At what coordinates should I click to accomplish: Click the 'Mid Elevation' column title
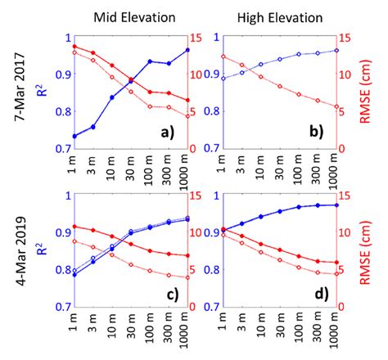coord(134,17)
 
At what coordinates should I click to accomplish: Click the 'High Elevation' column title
coord(280,18)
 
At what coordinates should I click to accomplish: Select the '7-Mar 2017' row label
coord(20,87)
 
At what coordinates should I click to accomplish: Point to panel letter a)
coord(168,133)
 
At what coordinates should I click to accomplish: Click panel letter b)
coord(317,132)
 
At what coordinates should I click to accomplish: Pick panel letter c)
coord(173,295)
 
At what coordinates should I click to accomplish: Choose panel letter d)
coord(322,294)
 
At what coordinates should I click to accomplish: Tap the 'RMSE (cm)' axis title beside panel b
coord(365,92)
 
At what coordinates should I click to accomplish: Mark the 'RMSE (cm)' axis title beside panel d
coord(365,253)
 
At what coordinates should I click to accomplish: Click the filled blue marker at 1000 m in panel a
coord(187,50)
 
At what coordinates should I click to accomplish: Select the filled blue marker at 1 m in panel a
coord(74,136)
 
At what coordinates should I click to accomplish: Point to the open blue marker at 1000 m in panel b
coord(336,51)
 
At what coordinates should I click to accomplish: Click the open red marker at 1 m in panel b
coord(223,56)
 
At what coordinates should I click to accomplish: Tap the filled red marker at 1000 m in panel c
coord(187,255)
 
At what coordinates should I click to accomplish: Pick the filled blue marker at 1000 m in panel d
coord(336,205)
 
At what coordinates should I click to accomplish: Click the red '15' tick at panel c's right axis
coord(195,196)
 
